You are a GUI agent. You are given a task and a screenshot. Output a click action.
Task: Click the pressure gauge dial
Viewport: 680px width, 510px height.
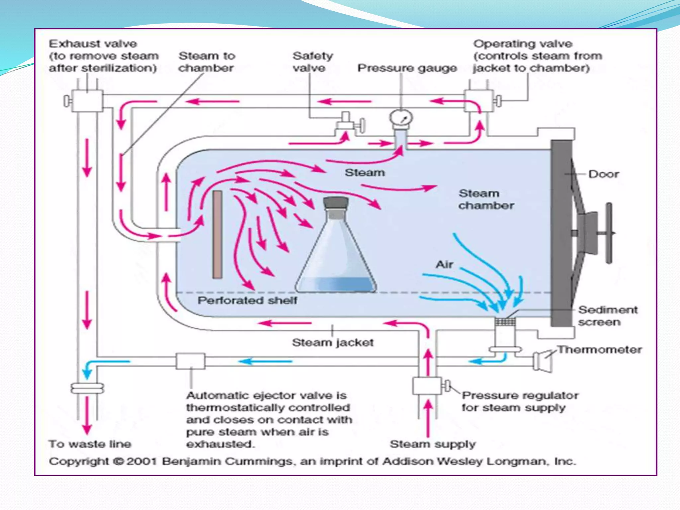click(x=401, y=118)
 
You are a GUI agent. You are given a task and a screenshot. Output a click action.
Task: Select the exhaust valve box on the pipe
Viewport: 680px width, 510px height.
click(x=87, y=101)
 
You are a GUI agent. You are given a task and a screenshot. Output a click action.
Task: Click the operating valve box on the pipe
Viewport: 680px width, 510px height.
click(x=478, y=101)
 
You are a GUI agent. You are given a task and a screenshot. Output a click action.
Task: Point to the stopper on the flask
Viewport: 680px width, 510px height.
click(x=336, y=203)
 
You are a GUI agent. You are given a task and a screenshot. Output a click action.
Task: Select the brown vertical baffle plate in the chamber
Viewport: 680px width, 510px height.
click(x=217, y=234)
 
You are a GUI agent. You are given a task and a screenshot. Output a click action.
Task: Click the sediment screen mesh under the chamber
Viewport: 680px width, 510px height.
click(x=505, y=321)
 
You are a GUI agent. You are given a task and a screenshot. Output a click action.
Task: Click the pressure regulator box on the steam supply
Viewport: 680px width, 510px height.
click(x=427, y=386)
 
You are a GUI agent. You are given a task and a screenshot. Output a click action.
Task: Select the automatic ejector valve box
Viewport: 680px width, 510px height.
click(x=191, y=361)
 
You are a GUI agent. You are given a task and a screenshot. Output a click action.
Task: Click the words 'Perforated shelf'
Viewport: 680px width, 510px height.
click(x=247, y=300)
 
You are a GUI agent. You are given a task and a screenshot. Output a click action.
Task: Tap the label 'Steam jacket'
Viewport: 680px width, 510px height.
click(x=333, y=342)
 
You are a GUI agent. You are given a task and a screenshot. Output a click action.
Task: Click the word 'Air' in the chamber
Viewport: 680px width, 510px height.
click(x=444, y=264)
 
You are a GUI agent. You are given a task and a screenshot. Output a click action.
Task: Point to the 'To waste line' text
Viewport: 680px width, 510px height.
click(x=90, y=444)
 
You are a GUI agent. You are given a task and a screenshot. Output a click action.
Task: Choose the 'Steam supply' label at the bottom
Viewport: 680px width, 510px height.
click(x=432, y=444)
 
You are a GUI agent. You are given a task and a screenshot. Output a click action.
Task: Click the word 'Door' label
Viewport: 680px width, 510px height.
click(x=603, y=174)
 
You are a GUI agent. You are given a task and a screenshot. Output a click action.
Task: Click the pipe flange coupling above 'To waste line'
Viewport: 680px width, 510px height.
click(x=87, y=388)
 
